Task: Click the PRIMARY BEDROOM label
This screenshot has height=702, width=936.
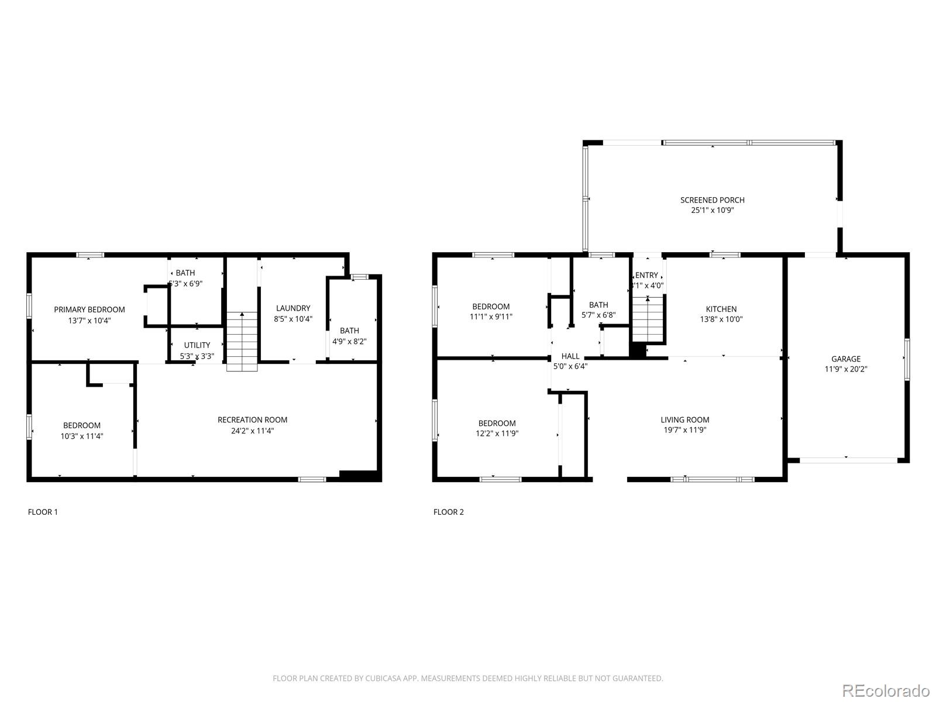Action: click(x=90, y=309)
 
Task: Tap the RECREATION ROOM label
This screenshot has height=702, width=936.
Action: click(x=252, y=419)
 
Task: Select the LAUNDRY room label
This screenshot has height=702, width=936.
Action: click(x=293, y=308)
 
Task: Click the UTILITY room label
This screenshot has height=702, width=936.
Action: click(x=197, y=345)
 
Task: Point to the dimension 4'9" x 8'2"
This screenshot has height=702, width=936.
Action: click(x=349, y=341)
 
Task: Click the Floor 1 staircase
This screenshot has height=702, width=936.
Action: click(x=242, y=342)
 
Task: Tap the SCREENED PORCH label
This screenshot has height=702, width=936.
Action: click(x=712, y=200)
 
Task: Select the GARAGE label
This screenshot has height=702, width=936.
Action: click(x=846, y=359)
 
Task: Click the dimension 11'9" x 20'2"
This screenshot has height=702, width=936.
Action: click(x=846, y=369)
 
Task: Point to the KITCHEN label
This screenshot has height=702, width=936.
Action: click(x=721, y=309)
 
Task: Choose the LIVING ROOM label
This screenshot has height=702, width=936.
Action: click(x=684, y=419)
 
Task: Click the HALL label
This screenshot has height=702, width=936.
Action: click(x=570, y=356)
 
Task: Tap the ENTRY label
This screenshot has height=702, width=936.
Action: click(x=646, y=276)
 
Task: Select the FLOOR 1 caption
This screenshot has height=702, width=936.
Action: click(x=43, y=512)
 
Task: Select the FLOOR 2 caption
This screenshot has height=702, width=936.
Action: click(x=448, y=512)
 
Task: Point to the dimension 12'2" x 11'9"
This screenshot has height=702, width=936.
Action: click(x=497, y=433)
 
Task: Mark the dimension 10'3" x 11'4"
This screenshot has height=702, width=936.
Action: click(x=82, y=436)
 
